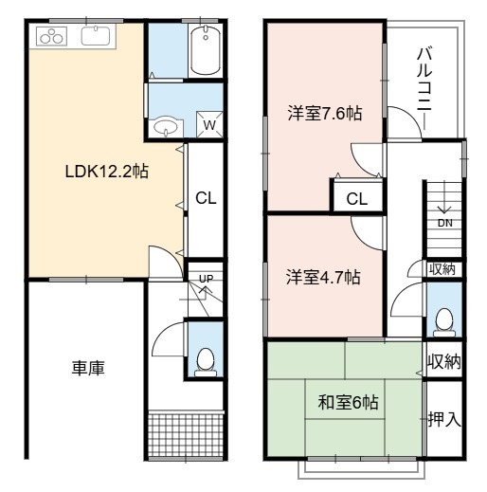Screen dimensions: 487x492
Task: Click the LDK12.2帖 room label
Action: [106, 172]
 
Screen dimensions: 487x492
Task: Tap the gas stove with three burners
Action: [52, 36]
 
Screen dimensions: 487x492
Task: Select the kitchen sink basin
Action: [96, 36]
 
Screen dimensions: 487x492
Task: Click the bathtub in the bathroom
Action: [206, 50]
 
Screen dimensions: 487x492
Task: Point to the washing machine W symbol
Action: [209, 125]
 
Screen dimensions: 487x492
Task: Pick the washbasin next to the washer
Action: [166, 128]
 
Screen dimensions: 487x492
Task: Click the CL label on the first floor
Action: [206, 198]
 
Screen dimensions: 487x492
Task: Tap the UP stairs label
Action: [207, 279]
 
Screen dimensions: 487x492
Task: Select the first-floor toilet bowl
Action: [206, 362]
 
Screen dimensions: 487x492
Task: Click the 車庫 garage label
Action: [88, 368]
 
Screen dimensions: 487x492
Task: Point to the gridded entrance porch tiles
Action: [186, 434]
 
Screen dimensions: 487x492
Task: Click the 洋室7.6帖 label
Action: [324, 113]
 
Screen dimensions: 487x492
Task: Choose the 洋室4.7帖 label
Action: [323, 277]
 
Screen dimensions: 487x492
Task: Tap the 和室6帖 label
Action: [348, 403]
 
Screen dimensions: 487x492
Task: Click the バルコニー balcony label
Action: [424, 88]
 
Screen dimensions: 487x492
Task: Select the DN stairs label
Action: [445, 223]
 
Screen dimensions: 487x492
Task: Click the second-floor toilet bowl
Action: [444, 321]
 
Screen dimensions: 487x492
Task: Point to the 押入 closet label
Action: [444, 419]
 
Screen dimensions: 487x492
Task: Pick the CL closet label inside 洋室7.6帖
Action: [357, 199]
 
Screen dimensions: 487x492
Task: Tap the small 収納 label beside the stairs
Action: [442, 269]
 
